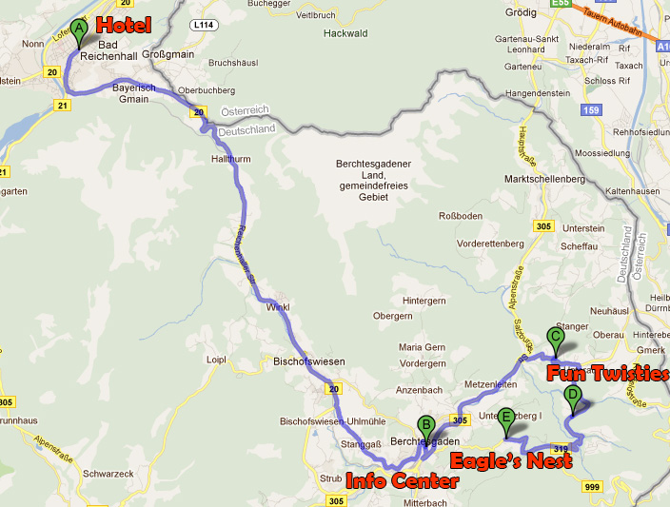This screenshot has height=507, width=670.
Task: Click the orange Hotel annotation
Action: pos(124,24)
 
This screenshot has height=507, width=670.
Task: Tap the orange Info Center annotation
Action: pos(401,480)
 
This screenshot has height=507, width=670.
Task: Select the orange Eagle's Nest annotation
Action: pos(510,461)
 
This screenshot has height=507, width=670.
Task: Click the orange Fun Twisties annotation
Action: pos(607,373)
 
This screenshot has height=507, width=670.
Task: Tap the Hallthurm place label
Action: pos(231,160)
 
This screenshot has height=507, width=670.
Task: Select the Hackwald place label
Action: pos(345,32)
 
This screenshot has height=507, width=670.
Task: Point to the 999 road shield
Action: pos(593,486)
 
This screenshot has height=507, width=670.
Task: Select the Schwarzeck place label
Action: pos(106,473)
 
